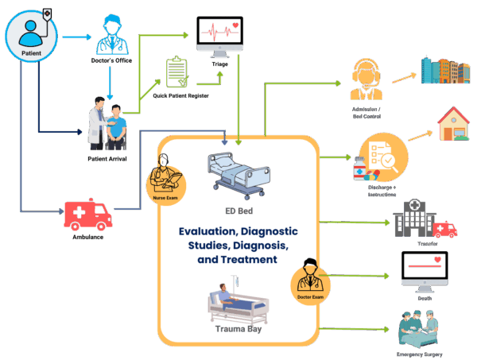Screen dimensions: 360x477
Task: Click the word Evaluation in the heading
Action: tap(208, 231)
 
